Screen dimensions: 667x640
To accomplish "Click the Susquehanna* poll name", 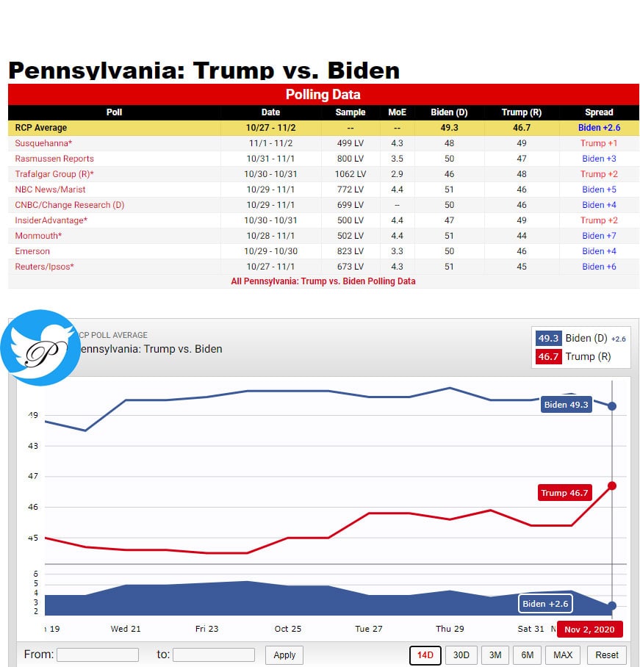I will [x=43, y=143].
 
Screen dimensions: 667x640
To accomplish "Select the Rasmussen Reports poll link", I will [x=54, y=159].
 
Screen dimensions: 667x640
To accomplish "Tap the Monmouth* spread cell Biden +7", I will [x=599, y=236].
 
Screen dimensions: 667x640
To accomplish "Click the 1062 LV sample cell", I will [x=350, y=174].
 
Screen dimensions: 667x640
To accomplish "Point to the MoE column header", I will [x=397, y=112].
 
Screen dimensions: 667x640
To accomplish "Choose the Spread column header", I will [x=599, y=112].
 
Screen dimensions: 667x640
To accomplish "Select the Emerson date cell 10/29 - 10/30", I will [x=270, y=251].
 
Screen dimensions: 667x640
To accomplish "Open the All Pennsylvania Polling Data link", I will [x=323, y=281].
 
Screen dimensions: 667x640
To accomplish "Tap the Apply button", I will [x=284, y=655].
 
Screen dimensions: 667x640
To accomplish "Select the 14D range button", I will [x=425, y=655].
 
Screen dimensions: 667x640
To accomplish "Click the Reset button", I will [x=607, y=655].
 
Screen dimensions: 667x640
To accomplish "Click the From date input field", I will [x=97, y=655].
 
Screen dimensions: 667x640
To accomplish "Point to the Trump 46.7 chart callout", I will [x=564, y=493].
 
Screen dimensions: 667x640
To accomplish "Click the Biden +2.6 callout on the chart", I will [x=544, y=604].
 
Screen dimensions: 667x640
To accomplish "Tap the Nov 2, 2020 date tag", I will [x=589, y=630].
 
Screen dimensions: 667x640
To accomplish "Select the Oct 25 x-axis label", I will [x=288, y=629].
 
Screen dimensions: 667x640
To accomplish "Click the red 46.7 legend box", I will [x=548, y=357].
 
